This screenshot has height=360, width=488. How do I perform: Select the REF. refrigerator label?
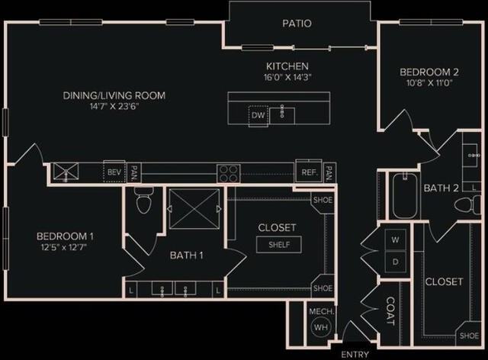(309, 173)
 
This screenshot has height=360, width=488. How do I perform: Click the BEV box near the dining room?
(114, 173)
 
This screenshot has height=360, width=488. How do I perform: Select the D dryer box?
(395, 262)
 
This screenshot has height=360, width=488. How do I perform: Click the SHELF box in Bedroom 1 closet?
(279, 245)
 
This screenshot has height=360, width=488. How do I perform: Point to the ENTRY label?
(355, 355)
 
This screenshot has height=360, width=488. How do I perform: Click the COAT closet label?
(390, 312)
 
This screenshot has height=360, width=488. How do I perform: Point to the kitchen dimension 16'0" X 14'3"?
(287, 77)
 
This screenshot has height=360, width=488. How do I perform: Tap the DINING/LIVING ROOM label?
(114, 95)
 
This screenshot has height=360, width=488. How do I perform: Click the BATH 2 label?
(441, 188)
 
